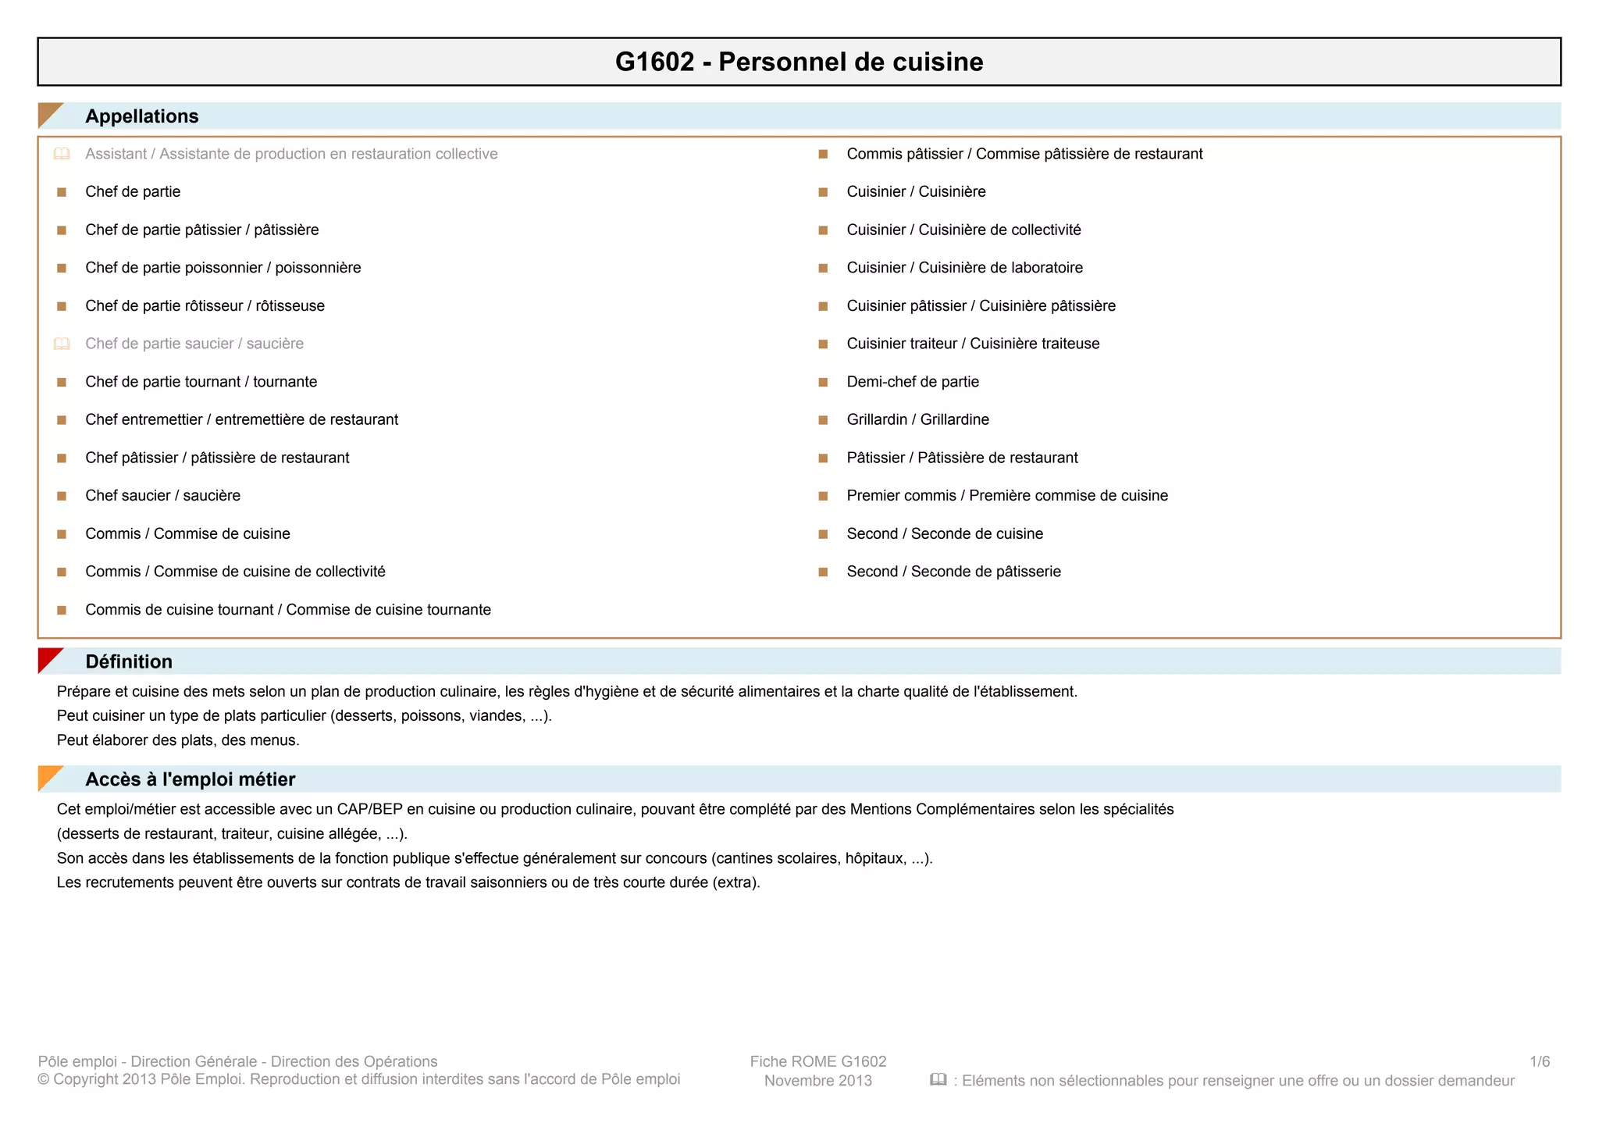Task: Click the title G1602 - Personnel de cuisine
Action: point(799,62)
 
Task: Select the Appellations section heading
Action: point(141,116)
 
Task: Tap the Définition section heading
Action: point(129,661)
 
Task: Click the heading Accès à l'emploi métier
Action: point(190,779)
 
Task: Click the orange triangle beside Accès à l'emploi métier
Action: point(48,776)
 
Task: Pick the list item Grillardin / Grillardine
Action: point(917,419)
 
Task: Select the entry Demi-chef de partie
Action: point(912,382)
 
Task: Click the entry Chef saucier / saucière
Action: point(162,496)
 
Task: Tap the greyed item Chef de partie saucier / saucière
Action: point(194,344)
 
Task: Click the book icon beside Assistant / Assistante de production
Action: point(62,154)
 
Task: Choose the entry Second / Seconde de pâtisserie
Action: point(953,572)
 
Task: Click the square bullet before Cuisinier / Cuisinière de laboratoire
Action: point(823,268)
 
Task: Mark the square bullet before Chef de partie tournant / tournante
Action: point(62,382)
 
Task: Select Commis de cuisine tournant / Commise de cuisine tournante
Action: point(288,610)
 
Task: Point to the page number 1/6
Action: point(1539,1061)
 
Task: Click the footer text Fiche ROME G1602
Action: point(817,1061)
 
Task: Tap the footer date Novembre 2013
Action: point(817,1081)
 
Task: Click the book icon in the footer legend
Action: point(938,1080)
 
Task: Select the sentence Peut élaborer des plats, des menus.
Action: point(178,740)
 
